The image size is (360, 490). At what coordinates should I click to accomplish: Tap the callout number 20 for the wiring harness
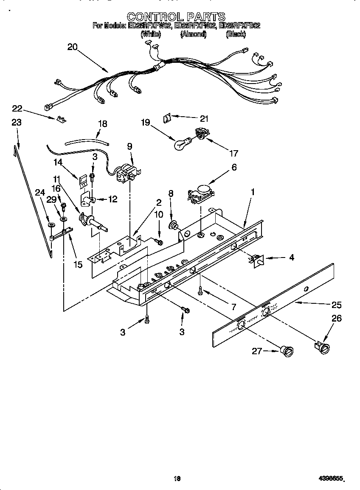pyautogui.click(x=73, y=47)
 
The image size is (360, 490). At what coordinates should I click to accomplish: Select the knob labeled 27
pyautogui.click(x=287, y=351)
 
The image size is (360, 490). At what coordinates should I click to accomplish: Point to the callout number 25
pyautogui.click(x=336, y=305)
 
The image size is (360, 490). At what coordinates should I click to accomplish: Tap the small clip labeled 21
pyautogui.click(x=167, y=118)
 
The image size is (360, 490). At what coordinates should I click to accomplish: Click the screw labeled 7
pyautogui.click(x=200, y=291)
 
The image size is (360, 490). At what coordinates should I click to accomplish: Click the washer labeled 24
pyautogui.click(x=50, y=224)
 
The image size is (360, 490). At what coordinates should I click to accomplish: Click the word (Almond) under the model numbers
pyautogui.click(x=193, y=34)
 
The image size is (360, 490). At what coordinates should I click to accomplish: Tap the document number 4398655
pyautogui.click(x=331, y=479)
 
